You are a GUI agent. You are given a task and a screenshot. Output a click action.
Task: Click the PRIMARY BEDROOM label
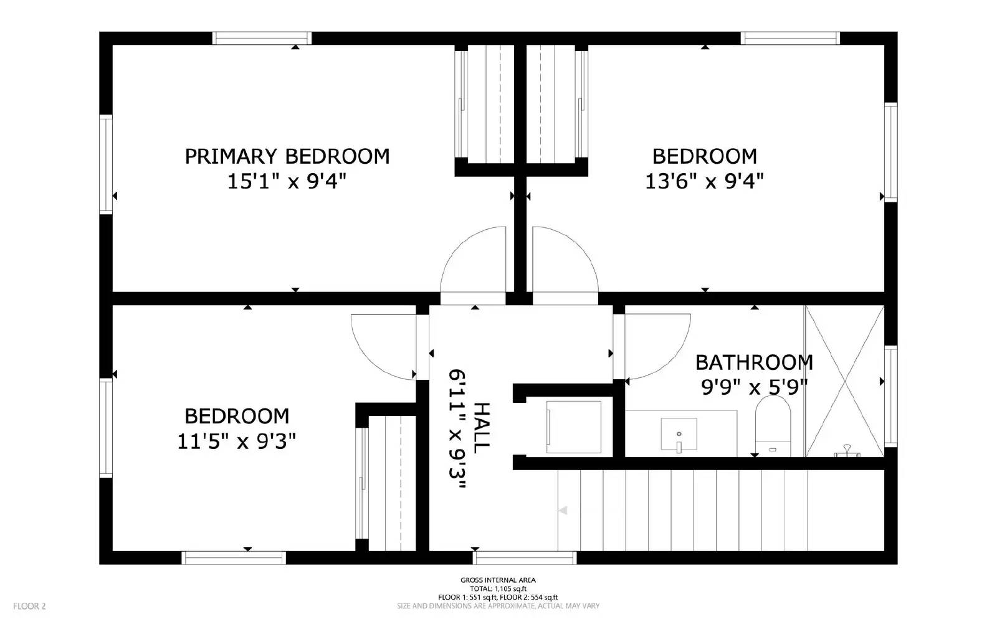pos(287,156)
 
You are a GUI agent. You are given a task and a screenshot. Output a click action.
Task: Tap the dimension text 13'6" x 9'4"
pos(704,182)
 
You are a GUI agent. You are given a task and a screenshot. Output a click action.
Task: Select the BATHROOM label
pos(754,362)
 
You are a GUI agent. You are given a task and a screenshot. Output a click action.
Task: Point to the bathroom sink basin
pos(679,433)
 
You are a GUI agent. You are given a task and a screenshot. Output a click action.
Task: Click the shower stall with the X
pos(844,381)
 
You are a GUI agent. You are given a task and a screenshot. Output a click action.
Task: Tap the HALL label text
pos(482,427)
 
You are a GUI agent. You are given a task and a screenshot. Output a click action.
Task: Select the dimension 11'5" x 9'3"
pos(236,442)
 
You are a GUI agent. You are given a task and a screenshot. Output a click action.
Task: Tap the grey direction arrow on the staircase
pos(563,511)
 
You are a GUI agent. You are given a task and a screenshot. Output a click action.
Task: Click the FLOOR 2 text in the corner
pos(29,606)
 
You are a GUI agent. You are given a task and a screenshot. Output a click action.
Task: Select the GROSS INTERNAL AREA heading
pos(498,580)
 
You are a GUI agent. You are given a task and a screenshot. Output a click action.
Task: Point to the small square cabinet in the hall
pos(573,426)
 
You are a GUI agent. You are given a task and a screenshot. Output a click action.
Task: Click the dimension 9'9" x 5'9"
pos(754,388)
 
